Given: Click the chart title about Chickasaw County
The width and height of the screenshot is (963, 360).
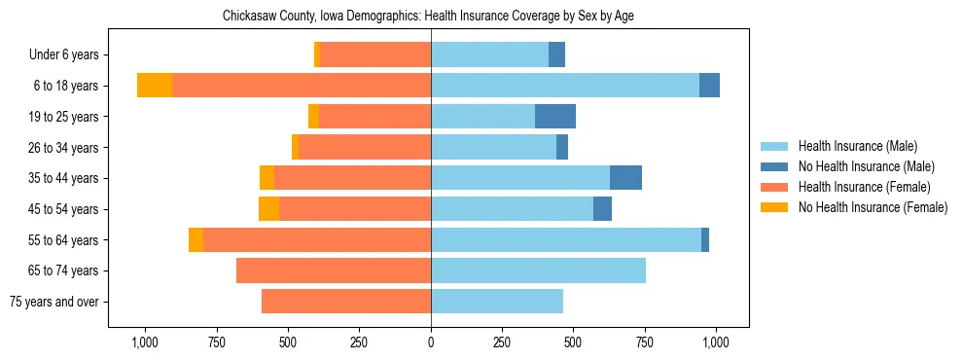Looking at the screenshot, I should (428, 17).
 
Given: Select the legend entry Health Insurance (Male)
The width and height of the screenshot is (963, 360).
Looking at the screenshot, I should (856, 146).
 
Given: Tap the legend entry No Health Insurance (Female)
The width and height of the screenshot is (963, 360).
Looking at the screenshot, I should (873, 207).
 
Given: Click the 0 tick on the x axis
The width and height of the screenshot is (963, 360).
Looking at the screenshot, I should (431, 342).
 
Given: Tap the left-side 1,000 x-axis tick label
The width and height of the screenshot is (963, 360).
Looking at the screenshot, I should (144, 342).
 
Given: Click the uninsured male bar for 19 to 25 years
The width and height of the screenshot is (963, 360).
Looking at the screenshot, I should (555, 117).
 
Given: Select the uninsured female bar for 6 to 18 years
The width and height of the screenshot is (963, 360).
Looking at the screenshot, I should (155, 86).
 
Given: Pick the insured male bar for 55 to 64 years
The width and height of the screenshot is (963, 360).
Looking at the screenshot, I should (566, 239).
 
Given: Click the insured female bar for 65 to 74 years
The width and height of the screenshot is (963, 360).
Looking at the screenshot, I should (334, 270).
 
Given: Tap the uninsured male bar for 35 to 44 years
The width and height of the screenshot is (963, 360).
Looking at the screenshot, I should (625, 178).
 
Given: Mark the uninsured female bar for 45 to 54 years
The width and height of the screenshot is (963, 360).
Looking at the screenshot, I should (268, 209).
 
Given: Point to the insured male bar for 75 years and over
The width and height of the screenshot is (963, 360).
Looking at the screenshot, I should (497, 302).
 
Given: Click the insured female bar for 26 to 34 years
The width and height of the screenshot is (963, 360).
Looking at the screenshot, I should (365, 147).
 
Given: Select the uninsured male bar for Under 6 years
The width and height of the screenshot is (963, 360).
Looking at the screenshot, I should (556, 54).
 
